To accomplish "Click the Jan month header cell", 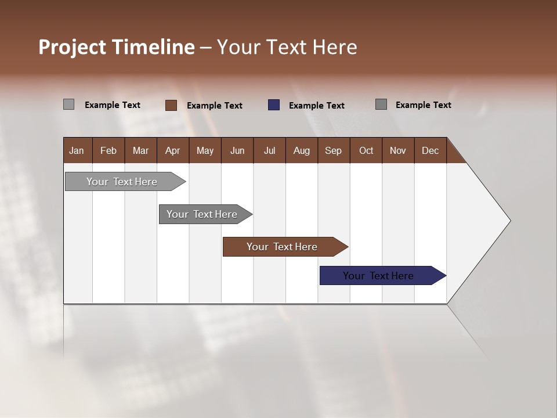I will tap(77, 151).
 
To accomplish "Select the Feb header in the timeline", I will tap(108, 151).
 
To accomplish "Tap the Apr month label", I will tap(172, 151).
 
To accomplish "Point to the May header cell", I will tap(205, 151).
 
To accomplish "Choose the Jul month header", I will tap(269, 151).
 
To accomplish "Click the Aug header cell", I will tap(301, 151).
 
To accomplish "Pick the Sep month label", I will tap(333, 151).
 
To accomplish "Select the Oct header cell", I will tap(366, 151).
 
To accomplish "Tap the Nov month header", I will tap(397, 151).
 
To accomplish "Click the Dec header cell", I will tap(430, 151).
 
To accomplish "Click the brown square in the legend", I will tap(171, 105).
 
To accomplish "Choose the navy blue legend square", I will tap(274, 105).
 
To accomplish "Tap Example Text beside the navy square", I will tap(316, 106).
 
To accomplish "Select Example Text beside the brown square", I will tap(214, 106).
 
